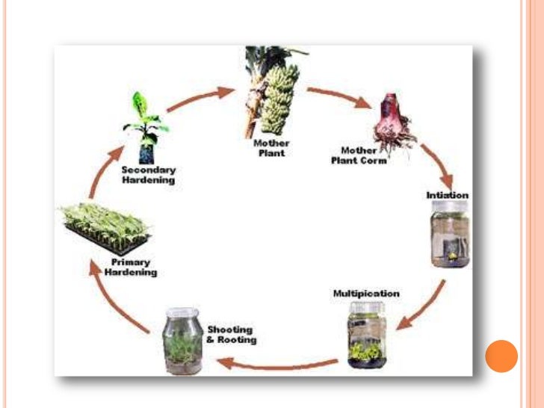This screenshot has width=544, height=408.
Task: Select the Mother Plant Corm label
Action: click(x=359, y=155)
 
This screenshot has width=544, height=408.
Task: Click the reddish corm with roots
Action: click(x=393, y=122)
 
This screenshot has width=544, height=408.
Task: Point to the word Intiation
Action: click(x=447, y=195)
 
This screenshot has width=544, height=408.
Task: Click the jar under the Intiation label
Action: click(x=449, y=238)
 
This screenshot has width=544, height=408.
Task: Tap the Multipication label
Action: click(x=366, y=294)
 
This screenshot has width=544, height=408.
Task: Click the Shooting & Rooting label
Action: click(x=231, y=334)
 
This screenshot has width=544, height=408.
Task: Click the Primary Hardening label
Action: click(x=135, y=268)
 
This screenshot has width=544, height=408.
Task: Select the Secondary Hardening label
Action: click(x=148, y=175)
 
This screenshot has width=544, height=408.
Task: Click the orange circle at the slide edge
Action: click(x=501, y=356)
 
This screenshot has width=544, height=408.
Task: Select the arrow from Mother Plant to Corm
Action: click(x=339, y=97)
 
